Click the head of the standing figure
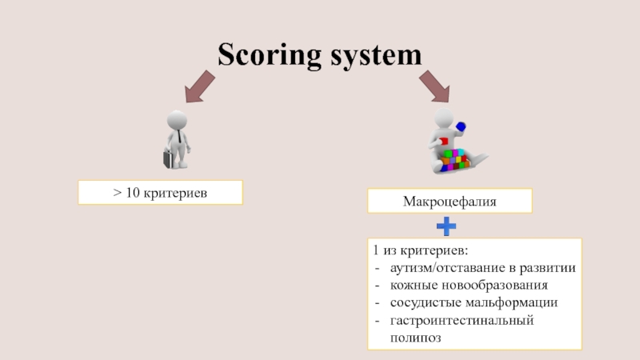pyautogui.click(x=177, y=120)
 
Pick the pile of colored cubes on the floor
pyautogui.click(x=456, y=160)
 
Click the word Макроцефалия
pyautogui.click(x=449, y=202)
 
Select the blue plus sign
pyautogui.click(x=446, y=226)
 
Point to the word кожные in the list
pyautogui.click(x=413, y=286)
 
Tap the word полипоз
pyautogui.click(x=415, y=338)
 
